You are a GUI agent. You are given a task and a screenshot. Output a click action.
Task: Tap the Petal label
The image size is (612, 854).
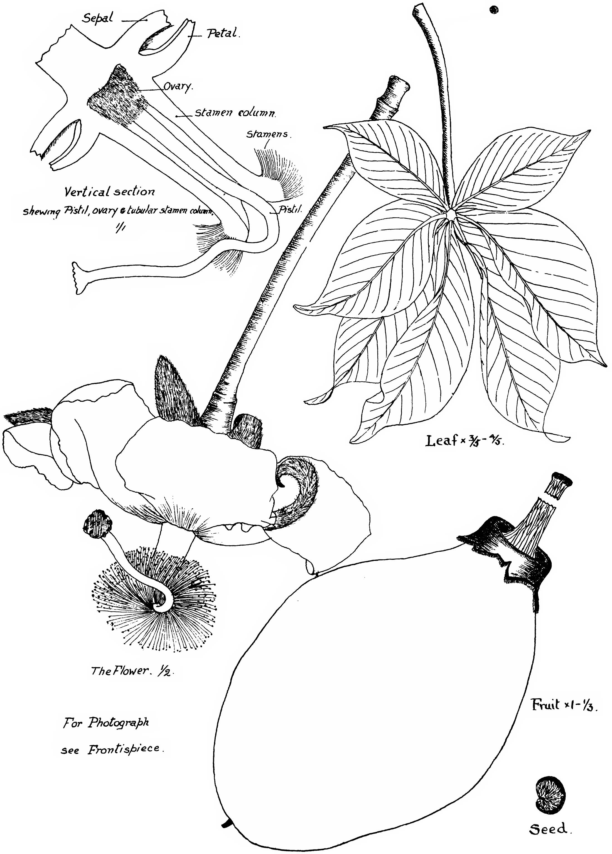(x=222, y=34)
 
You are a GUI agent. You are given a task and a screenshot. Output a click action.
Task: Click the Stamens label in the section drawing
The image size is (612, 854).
(x=269, y=134)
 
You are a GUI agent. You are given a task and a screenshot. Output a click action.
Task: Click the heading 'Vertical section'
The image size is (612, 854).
(x=109, y=192)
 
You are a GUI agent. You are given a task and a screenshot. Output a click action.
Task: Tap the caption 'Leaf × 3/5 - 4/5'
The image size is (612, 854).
(x=465, y=441)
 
